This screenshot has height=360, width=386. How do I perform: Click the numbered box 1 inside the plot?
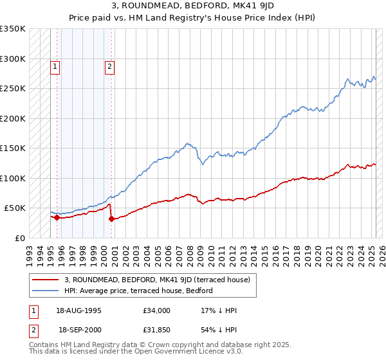(x=55, y=66)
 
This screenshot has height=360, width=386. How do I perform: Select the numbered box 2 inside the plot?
(x=110, y=66)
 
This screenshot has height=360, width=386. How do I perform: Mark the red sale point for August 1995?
(x=57, y=217)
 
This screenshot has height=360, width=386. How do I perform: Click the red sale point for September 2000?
(x=111, y=219)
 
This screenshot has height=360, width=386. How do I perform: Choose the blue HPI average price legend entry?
(x=138, y=291)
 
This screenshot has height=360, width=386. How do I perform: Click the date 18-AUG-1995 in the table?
(x=80, y=310)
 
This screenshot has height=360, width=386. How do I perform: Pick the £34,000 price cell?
(x=156, y=310)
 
